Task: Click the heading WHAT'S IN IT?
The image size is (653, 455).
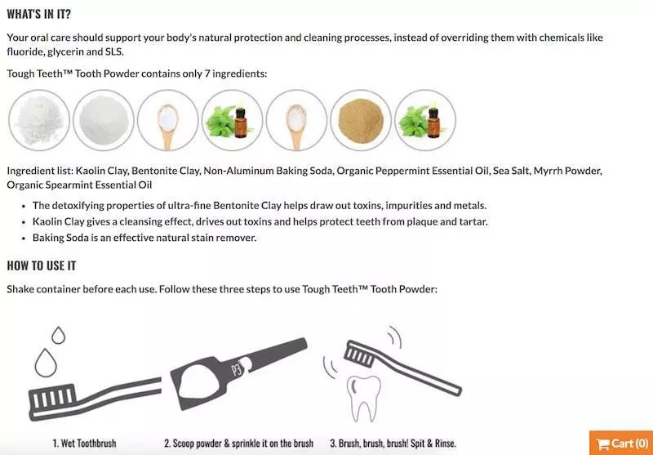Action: point(38,15)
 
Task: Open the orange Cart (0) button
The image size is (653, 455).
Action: point(622,443)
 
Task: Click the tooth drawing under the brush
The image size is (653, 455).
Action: point(365,395)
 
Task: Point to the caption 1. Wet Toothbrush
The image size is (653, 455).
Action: point(84,443)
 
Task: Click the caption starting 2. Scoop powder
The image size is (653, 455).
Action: point(238,443)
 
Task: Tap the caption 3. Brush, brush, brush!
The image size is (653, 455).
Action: point(393,443)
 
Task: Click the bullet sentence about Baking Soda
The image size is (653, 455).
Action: point(144,238)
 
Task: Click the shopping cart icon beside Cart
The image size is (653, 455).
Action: point(603,444)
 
